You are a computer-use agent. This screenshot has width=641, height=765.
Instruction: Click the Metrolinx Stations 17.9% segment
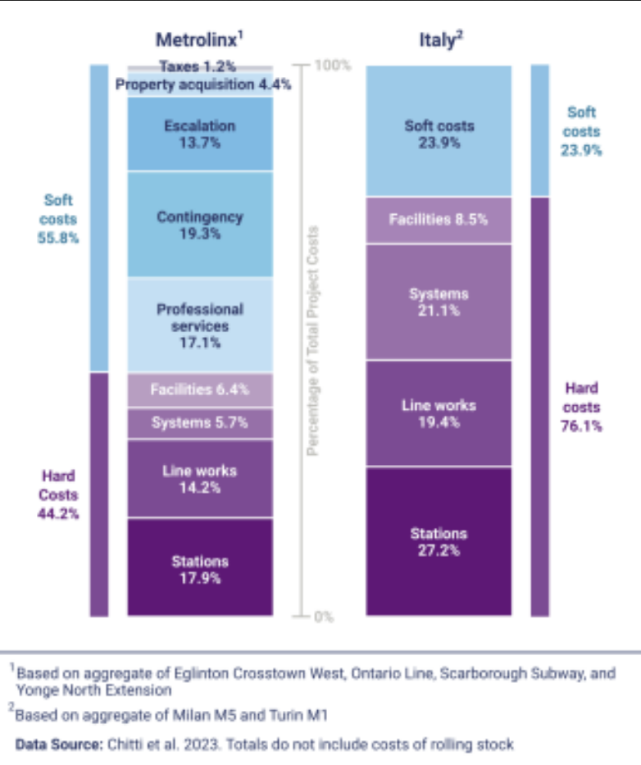point(200,567)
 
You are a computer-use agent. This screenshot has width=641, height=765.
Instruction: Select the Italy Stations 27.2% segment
point(439,541)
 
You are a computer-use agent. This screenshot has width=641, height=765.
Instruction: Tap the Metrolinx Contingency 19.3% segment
point(200,225)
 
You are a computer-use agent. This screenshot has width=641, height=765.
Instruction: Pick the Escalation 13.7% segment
point(200,134)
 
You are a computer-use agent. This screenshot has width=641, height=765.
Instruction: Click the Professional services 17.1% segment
point(200,325)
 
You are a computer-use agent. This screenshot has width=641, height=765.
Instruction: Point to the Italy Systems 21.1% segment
point(439,302)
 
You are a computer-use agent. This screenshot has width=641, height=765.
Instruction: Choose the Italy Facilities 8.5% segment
point(439,220)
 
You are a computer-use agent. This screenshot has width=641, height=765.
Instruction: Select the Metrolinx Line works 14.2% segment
point(200,479)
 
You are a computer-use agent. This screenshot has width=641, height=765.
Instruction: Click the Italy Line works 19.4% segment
point(439,413)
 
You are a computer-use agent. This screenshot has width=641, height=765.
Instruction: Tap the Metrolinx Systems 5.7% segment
point(200,423)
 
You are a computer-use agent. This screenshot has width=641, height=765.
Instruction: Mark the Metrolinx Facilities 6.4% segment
point(200,390)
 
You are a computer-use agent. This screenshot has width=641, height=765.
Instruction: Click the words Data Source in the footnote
point(57,744)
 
